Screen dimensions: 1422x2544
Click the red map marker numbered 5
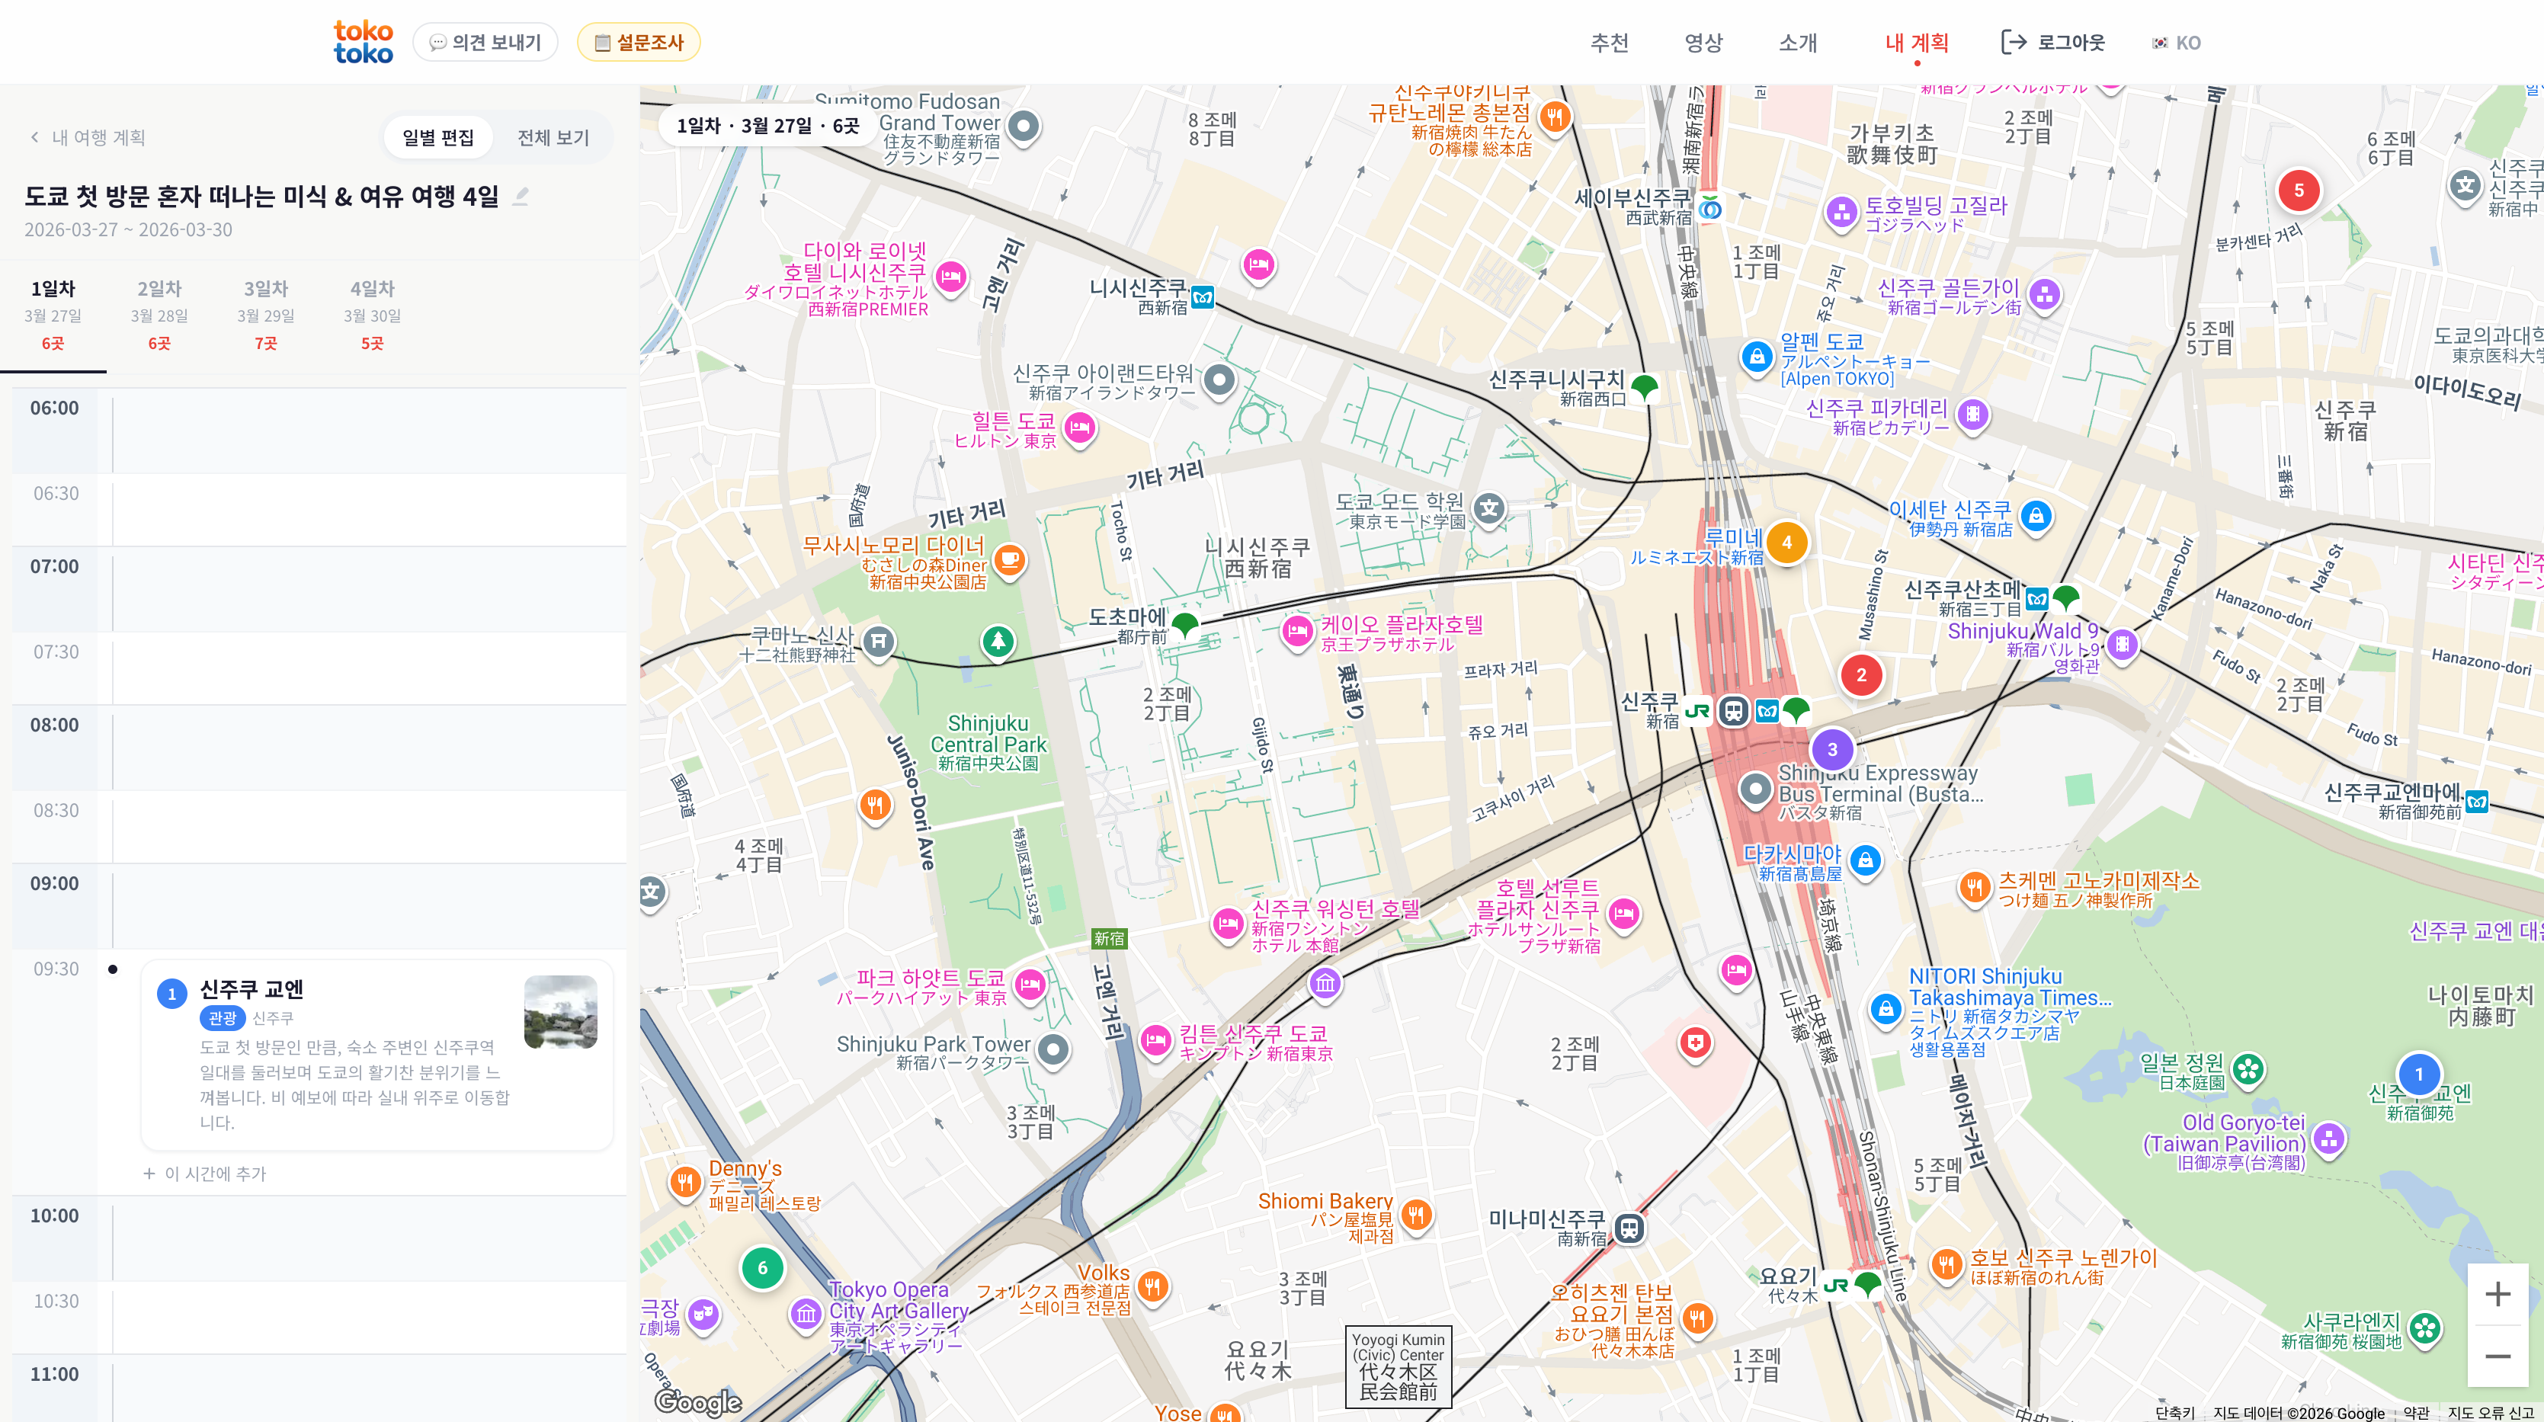click(x=2298, y=191)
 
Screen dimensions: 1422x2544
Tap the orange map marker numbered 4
click(x=1786, y=542)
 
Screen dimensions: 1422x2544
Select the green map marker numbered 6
click(x=761, y=1268)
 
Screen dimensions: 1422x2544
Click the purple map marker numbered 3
click(x=1832, y=750)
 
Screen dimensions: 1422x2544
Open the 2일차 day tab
click(x=159, y=314)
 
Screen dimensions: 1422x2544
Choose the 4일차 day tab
click(x=373, y=314)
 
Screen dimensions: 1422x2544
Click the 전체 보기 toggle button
click(x=553, y=137)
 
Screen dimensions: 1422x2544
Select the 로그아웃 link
click(x=2053, y=43)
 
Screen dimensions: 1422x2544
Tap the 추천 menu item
click(x=1609, y=43)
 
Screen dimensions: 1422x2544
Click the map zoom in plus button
click(x=2498, y=1295)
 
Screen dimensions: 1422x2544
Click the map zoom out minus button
click(x=2498, y=1356)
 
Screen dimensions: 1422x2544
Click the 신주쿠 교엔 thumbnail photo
click(x=560, y=1012)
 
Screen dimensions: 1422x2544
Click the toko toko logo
click(x=363, y=43)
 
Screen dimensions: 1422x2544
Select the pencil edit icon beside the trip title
click(x=521, y=197)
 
